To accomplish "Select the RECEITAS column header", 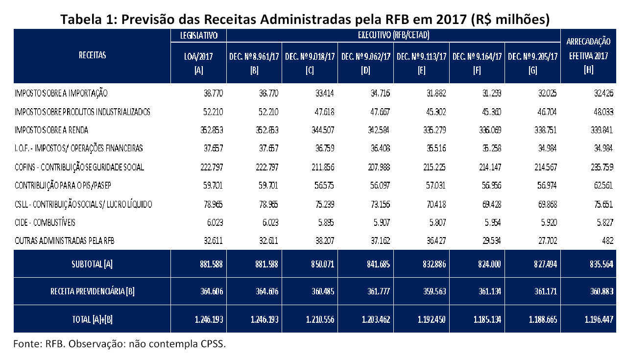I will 92,55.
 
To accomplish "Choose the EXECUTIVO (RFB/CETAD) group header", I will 394,35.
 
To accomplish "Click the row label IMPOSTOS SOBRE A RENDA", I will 51,130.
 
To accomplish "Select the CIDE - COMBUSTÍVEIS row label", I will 45,222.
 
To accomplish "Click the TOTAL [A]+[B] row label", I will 92,319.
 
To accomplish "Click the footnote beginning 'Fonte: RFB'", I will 120,343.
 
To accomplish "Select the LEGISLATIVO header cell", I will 199,35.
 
